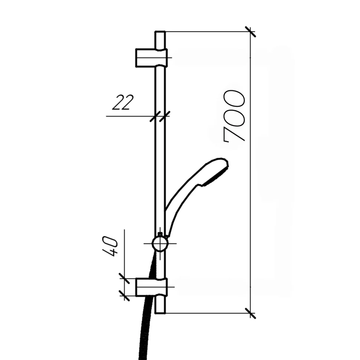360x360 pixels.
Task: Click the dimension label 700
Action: coord(234,116)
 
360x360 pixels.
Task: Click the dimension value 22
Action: coord(123,102)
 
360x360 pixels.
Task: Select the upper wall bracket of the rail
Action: coord(151,58)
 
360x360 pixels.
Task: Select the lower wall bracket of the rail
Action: coord(151,287)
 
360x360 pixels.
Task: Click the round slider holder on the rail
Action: coord(160,243)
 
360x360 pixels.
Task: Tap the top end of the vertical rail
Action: coord(160,32)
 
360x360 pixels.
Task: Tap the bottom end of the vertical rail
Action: coord(160,313)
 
